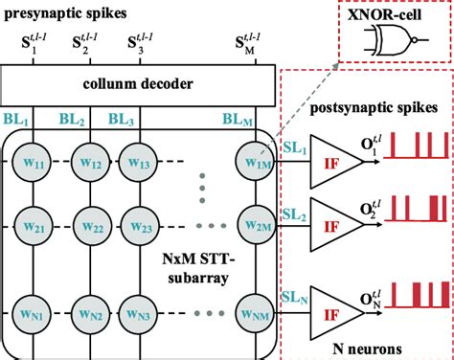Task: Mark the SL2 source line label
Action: [296, 216]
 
